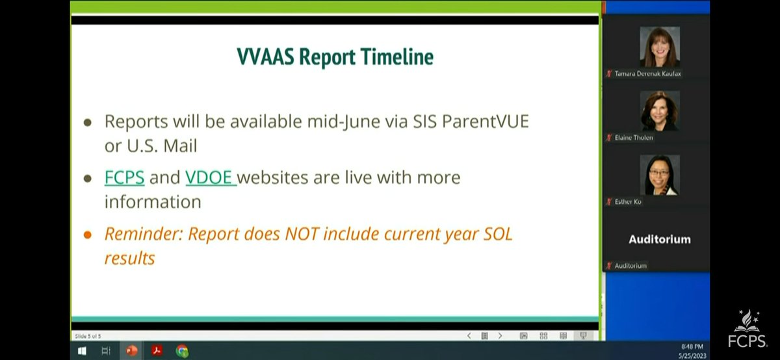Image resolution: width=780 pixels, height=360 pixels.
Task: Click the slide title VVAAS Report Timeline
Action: click(335, 57)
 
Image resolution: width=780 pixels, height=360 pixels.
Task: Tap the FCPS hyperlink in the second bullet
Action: click(124, 177)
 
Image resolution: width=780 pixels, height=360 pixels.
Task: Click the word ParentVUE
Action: click(486, 122)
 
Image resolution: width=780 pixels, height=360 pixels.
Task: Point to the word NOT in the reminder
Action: click(302, 234)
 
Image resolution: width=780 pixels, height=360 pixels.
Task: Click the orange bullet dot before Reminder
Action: click(87, 235)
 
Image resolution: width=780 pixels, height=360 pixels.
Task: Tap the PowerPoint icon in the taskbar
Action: click(131, 351)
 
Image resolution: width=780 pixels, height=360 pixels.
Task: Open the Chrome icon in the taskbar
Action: click(182, 351)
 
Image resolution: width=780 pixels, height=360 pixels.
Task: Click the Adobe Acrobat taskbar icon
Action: click(157, 350)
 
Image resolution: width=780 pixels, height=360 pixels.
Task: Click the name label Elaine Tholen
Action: click(634, 138)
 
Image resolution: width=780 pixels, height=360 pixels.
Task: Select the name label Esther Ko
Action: click(628, 201)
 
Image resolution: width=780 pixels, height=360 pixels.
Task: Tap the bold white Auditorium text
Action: click(660, 239)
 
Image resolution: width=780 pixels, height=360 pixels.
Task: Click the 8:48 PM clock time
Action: click(692, 346)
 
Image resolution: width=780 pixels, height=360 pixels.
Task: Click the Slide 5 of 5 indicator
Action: click(88, 336)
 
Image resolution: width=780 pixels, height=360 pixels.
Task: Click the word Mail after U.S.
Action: click(180, 146)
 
